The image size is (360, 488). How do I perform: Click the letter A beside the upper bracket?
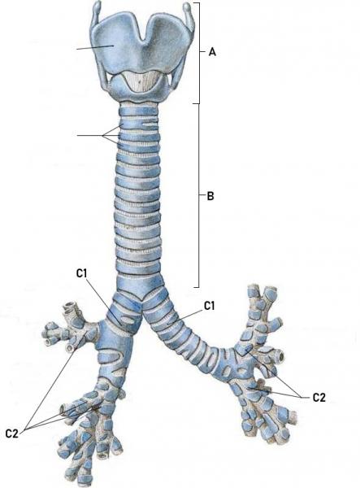(x=212, y=52)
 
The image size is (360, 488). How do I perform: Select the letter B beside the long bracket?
(x=210, y=196)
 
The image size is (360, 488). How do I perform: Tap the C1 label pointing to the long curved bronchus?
(x=209, y=306)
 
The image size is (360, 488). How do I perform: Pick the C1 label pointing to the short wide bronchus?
(x=81, y=273)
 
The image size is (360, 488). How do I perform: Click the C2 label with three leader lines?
(x=12, y=434)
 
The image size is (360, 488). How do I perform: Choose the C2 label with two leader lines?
(x=319, y=398)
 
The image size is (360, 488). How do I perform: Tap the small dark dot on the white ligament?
(x=140, y=82)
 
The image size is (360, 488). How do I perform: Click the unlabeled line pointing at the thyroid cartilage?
(x=95, y=47)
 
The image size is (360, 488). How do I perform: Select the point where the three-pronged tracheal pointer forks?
(x=102, y=136)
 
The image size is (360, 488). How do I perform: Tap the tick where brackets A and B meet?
(x=197, y=103)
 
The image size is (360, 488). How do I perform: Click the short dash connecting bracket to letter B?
(x=202, y=196)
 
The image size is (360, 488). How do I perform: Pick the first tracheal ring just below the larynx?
(x=140, y=111)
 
